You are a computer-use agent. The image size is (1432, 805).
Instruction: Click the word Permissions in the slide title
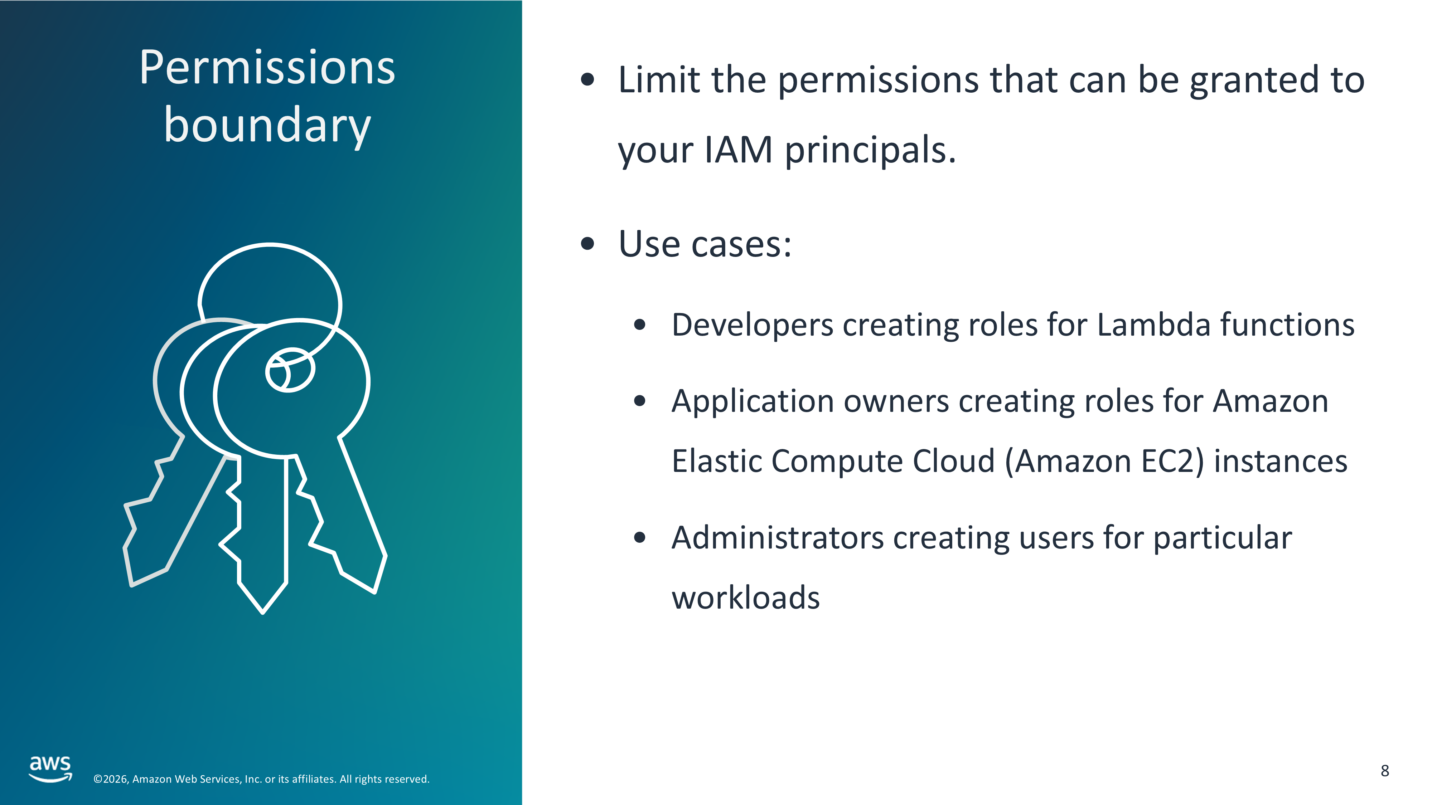coord(267,67)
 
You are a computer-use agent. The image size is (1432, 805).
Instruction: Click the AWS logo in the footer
coord(50,769)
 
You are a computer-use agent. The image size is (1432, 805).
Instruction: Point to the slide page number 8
coord(1385,771)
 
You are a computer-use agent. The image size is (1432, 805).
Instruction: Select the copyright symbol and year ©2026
coord(111,779)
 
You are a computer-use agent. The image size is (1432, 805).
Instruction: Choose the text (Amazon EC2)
coord(1104,461)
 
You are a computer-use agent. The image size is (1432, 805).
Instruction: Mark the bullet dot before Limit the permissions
coord(587,79)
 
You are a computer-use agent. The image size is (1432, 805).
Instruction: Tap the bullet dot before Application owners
coord(640,401)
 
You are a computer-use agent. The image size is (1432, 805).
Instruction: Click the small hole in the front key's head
coord(290,370)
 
